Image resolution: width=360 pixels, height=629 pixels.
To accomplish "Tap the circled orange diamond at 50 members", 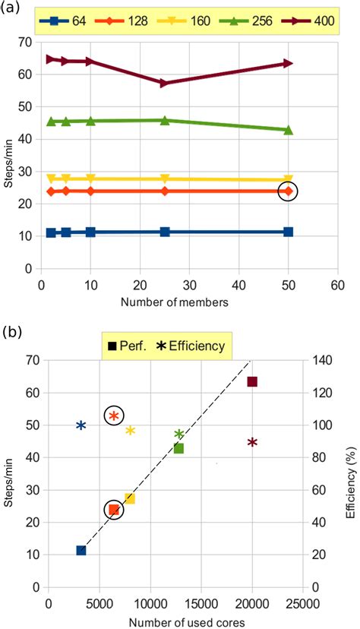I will coord(288,191).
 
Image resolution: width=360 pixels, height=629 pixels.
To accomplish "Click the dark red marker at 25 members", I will coord(165,83).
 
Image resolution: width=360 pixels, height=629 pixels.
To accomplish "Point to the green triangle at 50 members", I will coord(288,130).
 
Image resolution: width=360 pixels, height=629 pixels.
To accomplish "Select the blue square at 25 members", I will coord(165,232).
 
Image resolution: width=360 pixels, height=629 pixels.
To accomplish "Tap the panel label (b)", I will coord(14,331).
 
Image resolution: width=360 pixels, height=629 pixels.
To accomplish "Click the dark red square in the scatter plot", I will coord(252,381).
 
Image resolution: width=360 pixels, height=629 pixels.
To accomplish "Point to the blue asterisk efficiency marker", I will coord(81,425).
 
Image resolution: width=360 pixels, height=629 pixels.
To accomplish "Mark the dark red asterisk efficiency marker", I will coord(252,442).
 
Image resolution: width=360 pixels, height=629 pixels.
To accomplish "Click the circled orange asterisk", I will coord(114,415).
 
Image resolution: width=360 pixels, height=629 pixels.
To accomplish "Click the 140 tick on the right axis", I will coord(316,360).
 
